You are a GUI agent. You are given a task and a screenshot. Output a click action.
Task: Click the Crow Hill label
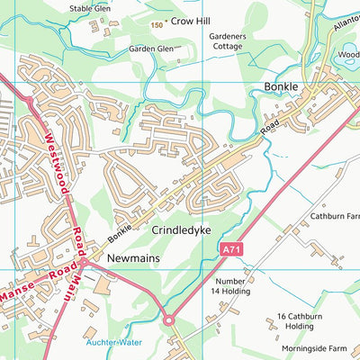click(x=191, y=18)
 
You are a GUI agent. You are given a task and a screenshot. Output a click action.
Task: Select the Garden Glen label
click(x=150, y=49)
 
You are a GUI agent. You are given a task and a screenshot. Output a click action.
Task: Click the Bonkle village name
click(x=281, y=87)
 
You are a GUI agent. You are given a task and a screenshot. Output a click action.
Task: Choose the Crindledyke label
click(x=181, y=230)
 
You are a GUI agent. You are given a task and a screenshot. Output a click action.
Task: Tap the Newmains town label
click(x=132, y=257)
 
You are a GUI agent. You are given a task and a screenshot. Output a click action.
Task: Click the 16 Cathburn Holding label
click(x=301, y=321)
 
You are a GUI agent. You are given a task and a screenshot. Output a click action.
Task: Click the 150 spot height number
click(x=157, y=26)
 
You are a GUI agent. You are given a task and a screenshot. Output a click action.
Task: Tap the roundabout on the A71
click(x=167, y=319)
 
